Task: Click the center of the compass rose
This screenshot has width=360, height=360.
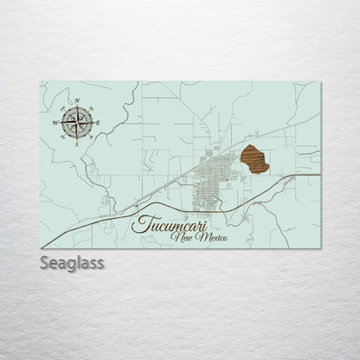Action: [77, 122]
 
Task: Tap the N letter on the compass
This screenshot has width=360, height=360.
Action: [78, 101]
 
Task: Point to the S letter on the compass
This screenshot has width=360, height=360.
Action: [76, 144]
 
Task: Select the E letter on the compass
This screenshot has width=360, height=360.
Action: [98, 123]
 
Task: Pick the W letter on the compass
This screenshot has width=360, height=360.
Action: [56, 122]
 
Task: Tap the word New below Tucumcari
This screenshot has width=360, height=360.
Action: [182, 236]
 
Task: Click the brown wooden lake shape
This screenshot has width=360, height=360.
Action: [254, 159]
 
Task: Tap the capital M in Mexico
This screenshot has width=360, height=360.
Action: [197, 236]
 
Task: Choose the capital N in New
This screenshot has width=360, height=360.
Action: [177, 236]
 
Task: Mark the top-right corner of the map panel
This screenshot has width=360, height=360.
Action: [320, 82]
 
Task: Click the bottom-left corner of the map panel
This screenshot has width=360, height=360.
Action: [41, 248]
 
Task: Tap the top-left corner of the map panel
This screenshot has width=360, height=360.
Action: [41, 82]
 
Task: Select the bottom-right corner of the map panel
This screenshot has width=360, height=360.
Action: [320, 248]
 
